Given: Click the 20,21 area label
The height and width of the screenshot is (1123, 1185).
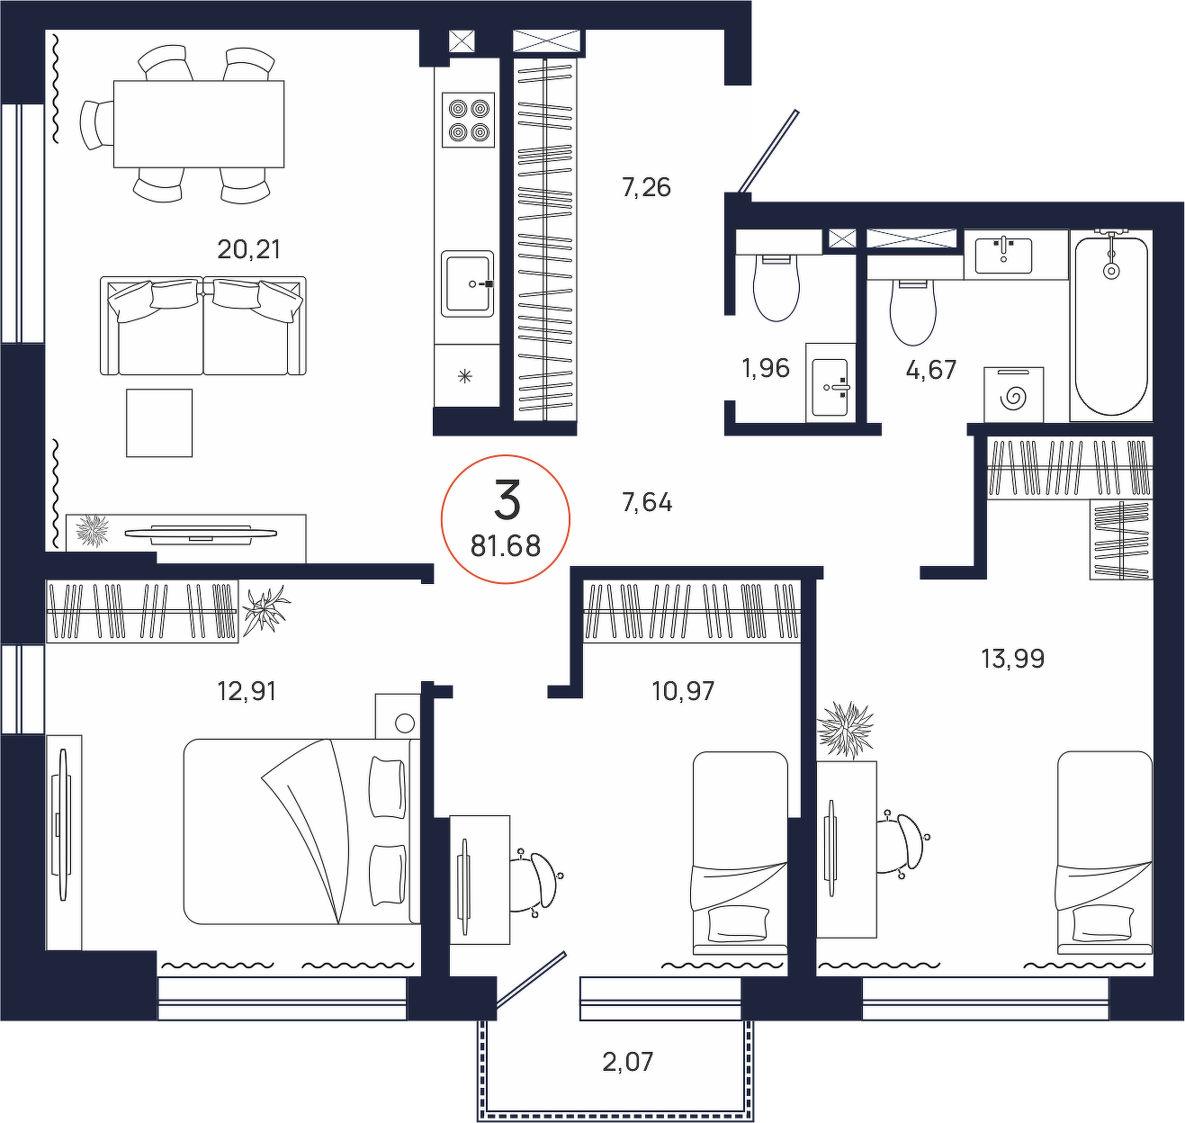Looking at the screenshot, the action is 248,249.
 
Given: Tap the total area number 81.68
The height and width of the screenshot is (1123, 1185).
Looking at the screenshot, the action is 505,547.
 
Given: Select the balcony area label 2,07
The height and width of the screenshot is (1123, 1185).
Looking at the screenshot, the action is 627,1062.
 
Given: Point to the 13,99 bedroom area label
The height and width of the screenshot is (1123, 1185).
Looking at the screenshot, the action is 1012,659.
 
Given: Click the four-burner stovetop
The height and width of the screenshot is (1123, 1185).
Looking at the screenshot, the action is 469,120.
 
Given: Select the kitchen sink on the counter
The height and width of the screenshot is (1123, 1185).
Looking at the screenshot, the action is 467,284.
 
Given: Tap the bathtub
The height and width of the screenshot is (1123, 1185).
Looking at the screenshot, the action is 1111,326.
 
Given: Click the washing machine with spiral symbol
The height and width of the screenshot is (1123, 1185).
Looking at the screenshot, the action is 1014,395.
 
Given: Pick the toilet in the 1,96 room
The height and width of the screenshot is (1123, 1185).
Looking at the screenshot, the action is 777,287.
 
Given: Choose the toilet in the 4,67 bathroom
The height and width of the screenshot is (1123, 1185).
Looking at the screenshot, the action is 913,312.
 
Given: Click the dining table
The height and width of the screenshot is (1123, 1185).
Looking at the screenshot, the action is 199,123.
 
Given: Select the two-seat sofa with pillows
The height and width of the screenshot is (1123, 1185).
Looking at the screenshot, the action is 203,326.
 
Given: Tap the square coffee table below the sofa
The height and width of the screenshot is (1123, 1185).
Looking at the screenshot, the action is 159,423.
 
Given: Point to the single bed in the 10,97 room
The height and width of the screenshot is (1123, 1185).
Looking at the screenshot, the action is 741,853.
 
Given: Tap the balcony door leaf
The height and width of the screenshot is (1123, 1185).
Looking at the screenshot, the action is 531,980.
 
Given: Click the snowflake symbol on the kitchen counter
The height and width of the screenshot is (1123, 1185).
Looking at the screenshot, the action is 464,377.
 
